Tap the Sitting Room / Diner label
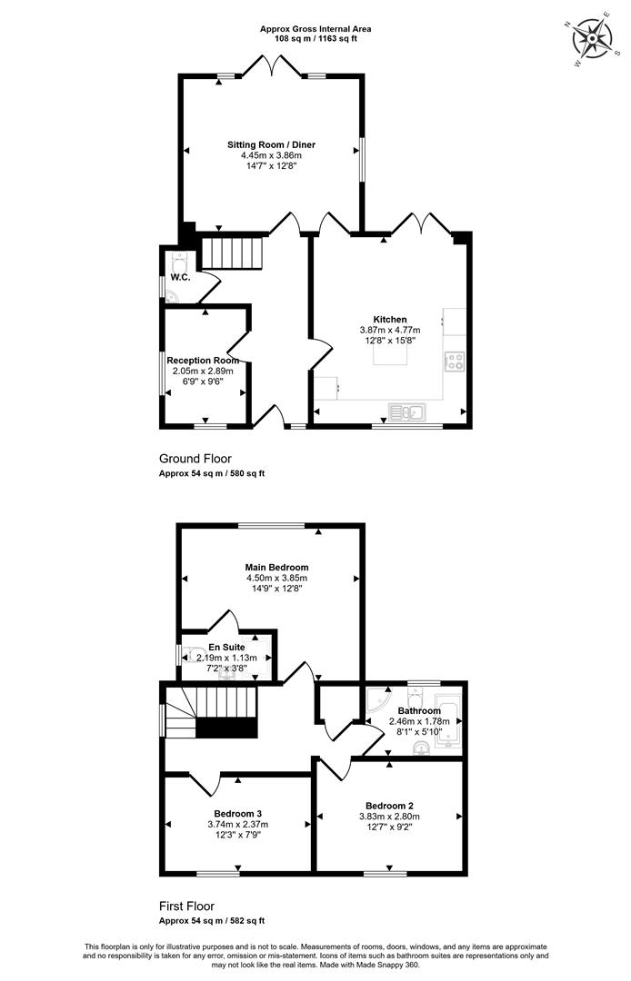pyautogui.click(x=271, y=144)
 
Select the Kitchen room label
pyautogui.click(x=390, y=320)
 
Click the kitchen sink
pyautogui.click(x=407, y=411)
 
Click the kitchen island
pyautogui.click(x=391, y=354)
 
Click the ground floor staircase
pyautogui.click(x=231, y=253)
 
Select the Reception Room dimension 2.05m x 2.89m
pyautogui.click(x=203, y=371)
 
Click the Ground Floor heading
pyautogui.click(x=195, y=460)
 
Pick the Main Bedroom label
pyautogui.click(x=276, y=568)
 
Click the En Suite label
pyautogui.click(x=226, y=648)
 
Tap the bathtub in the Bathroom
pyautogui.click(x=449, y=721)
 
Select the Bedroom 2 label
pyautogui.click(x=389, y=806)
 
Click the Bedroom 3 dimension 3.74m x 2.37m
pyautogui.click(x=238, y=824)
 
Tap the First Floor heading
pyautogui.click(x=186, y=906)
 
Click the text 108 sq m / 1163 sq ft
pyautogui.click(x=315, y=38)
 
